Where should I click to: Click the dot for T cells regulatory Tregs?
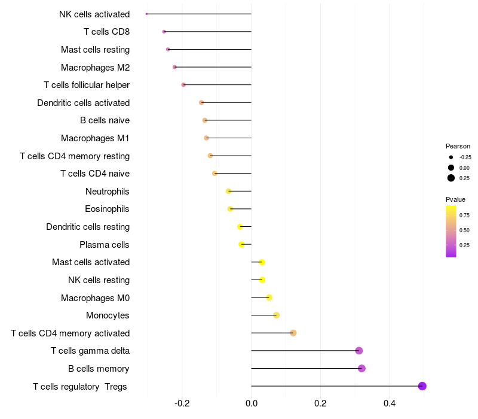coord(422,386)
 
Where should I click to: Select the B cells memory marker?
coord(361,368)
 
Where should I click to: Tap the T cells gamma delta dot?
coord(358,351)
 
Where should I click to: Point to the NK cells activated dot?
coord(146,14)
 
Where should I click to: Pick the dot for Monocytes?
coord(276,315)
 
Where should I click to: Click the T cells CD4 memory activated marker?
coord(293,333)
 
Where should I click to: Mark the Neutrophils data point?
coord(228,192)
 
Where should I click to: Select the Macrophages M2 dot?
coord(174,67)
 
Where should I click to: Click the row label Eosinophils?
coord(108,209)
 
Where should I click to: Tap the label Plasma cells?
coord(105,245)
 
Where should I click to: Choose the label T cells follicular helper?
coord(87,85)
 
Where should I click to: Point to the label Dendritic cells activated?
coord(83,103)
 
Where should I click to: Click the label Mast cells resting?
coord(95,50)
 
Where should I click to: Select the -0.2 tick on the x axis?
coord(182,404)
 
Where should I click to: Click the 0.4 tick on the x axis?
coord(390,404)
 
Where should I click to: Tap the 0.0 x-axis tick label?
coord(252,404)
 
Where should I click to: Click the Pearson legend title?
coord(458,146)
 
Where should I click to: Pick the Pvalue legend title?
coord(455,199)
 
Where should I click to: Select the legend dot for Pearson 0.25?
coord(451,178)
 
